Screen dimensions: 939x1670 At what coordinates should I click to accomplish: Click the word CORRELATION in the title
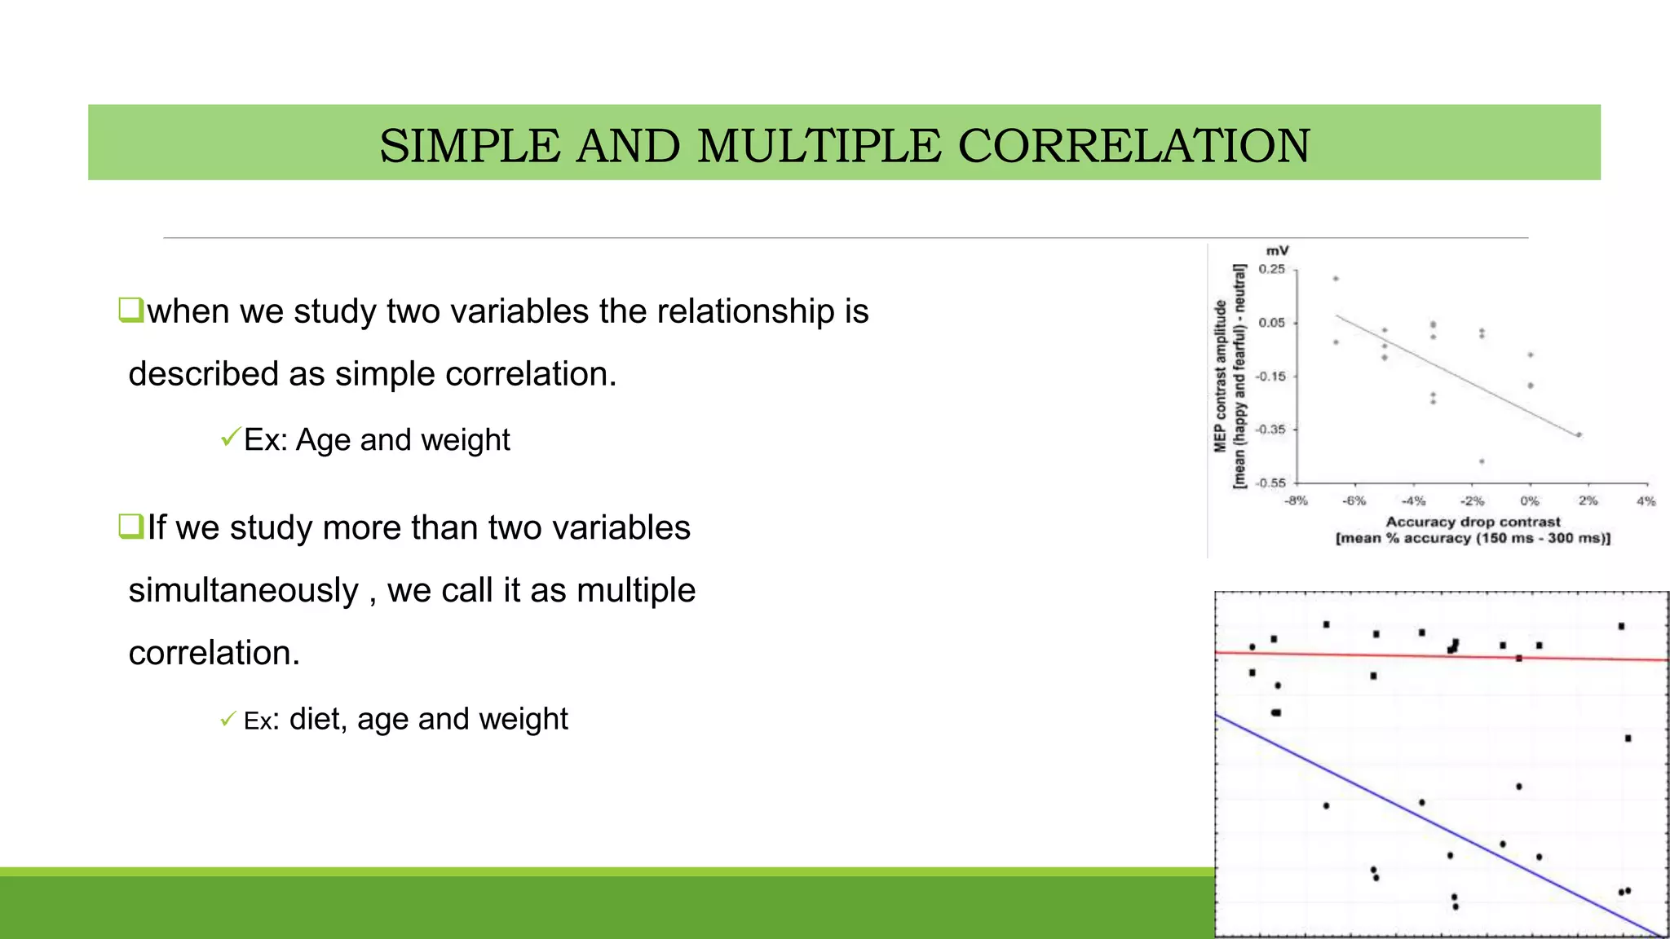(1133, 147)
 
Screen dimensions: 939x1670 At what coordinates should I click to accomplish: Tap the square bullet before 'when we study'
(130, 310)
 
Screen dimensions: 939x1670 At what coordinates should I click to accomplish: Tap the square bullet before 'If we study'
(130, 526)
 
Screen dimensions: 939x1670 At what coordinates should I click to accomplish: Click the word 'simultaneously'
(243, 591)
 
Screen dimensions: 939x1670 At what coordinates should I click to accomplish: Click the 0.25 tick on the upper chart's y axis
(1271, 269)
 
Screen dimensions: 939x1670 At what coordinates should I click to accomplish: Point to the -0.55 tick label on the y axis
(1270, 483)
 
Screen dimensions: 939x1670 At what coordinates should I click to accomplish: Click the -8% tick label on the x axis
(1296, 501)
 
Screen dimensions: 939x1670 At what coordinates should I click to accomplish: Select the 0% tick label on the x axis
(1530, 501)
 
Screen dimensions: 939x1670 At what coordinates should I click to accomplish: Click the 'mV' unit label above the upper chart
(1277, 251)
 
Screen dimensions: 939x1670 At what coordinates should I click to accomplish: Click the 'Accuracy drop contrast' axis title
(1473, 522)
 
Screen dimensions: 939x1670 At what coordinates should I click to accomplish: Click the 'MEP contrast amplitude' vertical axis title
(1221, 376)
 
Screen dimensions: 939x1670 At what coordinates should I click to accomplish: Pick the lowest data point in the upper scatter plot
(1482, 461)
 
